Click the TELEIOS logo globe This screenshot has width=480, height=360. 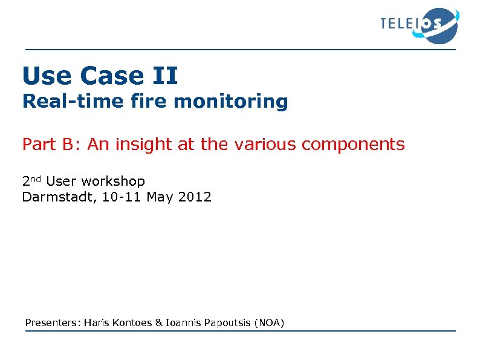(x=439, y=25)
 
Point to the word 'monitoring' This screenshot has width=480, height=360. (x=231, y=102)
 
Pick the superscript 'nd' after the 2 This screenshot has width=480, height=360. (x=37, y=179)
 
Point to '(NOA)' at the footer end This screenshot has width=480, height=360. (x=269, y=323)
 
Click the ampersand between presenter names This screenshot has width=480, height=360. (x=159, y=323)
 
